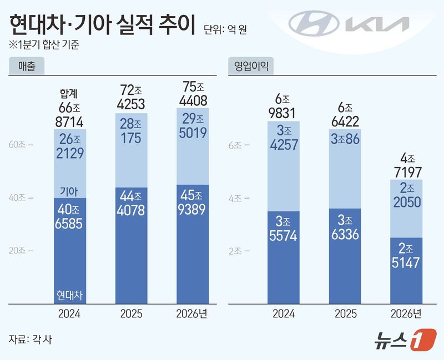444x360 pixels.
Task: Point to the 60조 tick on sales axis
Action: [21, 145]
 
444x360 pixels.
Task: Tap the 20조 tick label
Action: [21, 250]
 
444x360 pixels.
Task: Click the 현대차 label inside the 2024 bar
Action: [70, 294]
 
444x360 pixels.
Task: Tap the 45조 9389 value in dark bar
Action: [193, 202]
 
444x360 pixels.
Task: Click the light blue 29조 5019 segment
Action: [193, 126]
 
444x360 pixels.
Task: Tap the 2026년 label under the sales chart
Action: [193, 314]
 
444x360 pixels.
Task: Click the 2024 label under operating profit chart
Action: [284, 314]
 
